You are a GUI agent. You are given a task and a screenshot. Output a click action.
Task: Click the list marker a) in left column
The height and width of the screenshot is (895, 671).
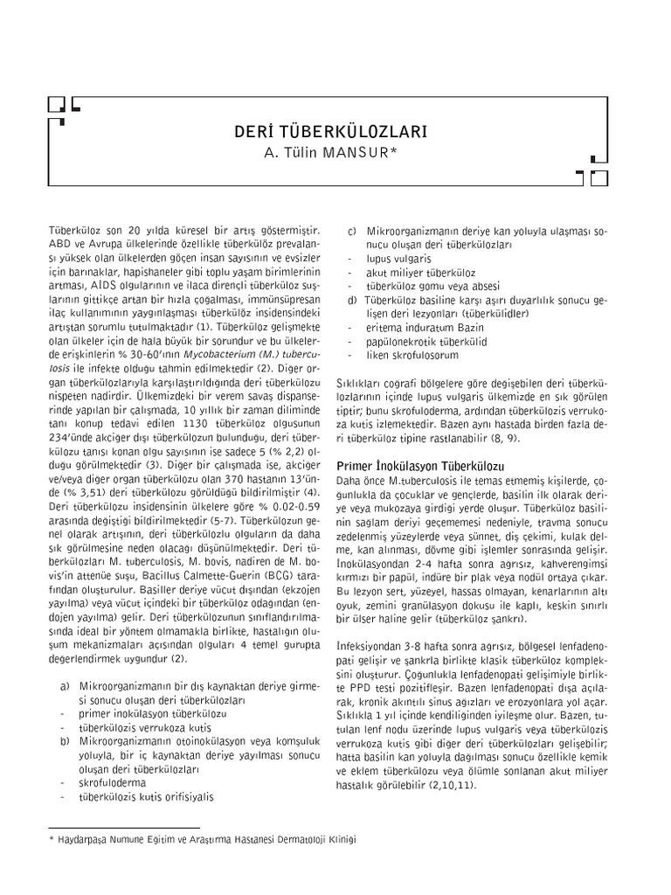point(66,685)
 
